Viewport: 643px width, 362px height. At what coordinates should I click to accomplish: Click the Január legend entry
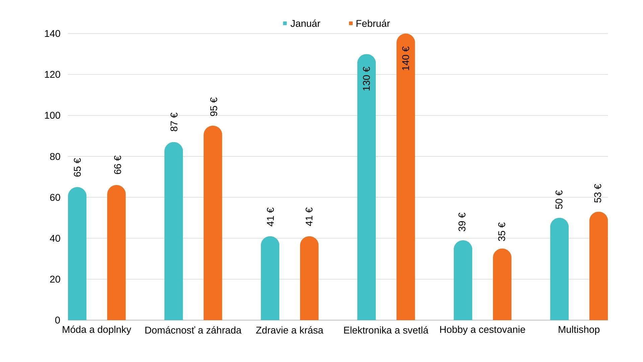(301, 23)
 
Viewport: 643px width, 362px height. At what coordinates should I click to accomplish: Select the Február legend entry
(369, 23)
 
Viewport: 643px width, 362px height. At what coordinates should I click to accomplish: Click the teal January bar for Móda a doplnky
(77, 255)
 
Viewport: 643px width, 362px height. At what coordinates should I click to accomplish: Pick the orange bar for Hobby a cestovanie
(502, 285)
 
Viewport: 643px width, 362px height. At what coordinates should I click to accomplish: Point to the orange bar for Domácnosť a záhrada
(213, 225)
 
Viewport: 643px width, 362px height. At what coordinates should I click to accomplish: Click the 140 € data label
(406, 58)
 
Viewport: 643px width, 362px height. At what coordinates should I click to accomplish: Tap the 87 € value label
(174, 122)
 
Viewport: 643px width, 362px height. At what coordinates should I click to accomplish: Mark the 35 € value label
(502, 232)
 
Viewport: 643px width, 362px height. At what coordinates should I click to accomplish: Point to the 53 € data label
(598, 193)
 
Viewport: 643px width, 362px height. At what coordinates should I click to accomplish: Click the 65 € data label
(77, 167)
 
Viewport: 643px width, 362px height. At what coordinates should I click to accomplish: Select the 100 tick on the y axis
(52, 116)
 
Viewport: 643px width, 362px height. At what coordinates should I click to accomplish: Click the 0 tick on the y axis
(57, 320)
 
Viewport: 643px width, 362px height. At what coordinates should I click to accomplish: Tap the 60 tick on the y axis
(55, 197)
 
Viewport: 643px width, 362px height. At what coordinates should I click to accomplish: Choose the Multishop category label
(579, 330)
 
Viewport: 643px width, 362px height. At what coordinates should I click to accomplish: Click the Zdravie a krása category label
(289, 330)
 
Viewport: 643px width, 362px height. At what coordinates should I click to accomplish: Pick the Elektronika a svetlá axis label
(386, 330)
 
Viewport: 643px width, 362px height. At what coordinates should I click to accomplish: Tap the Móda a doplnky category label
(96, 330)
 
